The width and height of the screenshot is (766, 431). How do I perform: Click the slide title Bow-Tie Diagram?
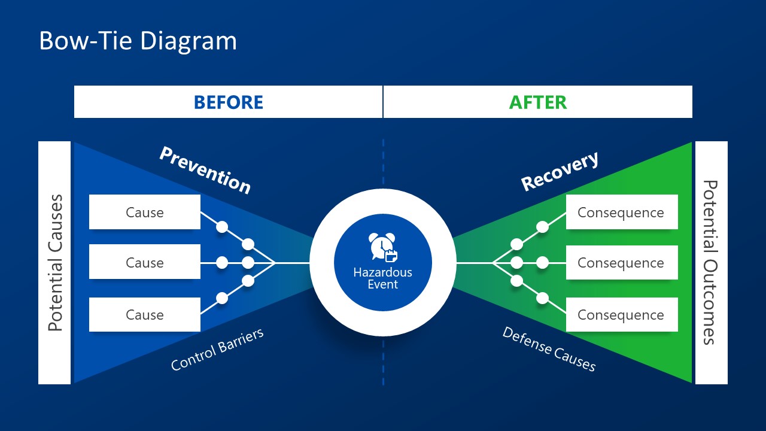[x=138, y=41]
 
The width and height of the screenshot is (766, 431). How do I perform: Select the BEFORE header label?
[x=228, y=102]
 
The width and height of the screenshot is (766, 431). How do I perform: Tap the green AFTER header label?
[x=537, y=102]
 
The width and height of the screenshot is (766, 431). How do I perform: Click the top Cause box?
[x=145, y=213]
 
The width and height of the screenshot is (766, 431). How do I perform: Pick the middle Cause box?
[x=145, y=262]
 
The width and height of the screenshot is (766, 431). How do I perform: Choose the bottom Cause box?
[x=145, y=315]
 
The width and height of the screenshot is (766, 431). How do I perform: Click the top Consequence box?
[x=621, y=213]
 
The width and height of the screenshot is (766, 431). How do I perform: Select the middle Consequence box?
[x=621, y=263]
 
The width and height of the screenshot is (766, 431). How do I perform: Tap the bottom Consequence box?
[x=621, y=315]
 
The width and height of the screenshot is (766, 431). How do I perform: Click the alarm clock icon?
[x=382, y=247]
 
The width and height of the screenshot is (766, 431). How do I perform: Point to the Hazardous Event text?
[x=382, y=278]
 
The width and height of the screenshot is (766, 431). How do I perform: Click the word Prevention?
[x=205, y=171]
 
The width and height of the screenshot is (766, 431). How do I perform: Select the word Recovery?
[x=560, y=171]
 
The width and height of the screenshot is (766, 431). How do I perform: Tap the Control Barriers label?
[x=217, y=350]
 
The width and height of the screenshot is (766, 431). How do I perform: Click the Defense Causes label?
[x=549, y=349]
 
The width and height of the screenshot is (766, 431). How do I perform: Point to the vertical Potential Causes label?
[x=55, y=263]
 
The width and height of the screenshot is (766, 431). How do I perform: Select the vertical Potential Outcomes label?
[x=710, y=263]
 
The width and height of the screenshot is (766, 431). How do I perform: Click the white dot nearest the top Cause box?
[x=222, y=227]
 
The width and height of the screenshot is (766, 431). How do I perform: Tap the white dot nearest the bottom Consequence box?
[x=543, y=298]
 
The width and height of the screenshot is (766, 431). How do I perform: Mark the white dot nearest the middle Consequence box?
[x=543, y=263]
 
